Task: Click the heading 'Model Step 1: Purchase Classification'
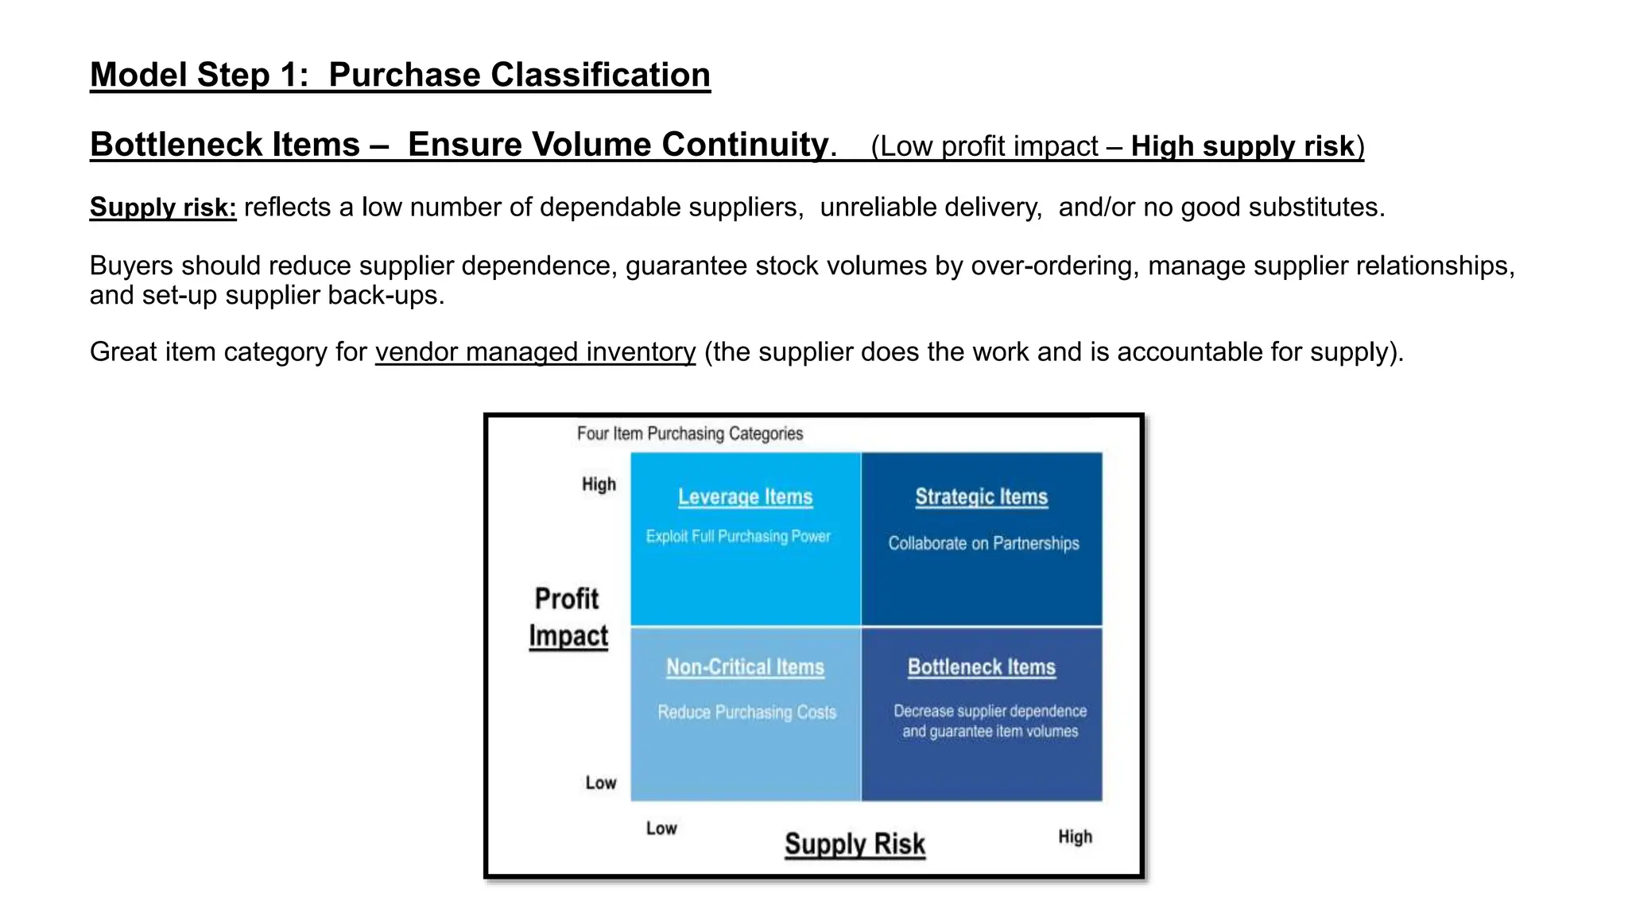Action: coord(400,76)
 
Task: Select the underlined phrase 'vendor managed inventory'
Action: coord(535,351)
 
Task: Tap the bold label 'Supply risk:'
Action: coord(163,208)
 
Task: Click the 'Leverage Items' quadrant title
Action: coord(745,497)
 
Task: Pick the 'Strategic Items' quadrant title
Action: coord(981,497)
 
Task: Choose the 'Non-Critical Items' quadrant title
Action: coord(745,667)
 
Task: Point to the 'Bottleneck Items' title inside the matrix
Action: coord(982,667)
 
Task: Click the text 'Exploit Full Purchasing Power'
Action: coord(738,537)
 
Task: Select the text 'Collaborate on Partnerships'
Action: coord(983,544)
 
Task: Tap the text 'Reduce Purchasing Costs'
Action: coord(746,712)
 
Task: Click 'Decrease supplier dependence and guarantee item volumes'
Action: coord(990,721)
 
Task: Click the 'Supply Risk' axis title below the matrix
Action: coord(855,844)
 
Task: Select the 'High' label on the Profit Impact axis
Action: coord(599,484)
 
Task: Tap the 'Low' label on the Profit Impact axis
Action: coord(601,783)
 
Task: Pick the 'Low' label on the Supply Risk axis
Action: coord(661,829)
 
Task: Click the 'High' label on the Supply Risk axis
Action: coord(1075,836)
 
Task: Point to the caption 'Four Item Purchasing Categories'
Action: coord(690,433)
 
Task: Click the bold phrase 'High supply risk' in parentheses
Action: coord(1242,147)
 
